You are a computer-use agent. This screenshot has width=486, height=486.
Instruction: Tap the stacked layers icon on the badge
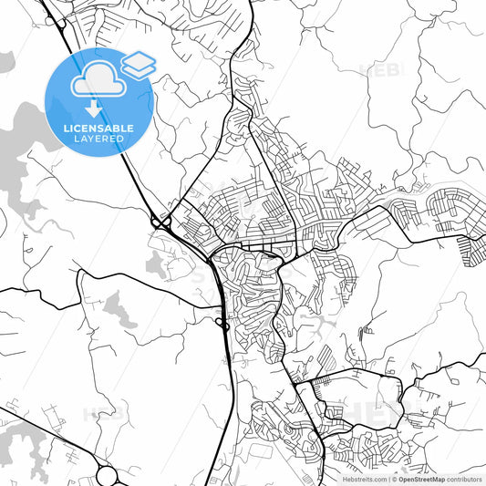(x=139, y=63)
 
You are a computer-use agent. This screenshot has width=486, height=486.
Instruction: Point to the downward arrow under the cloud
(x=95, y=108)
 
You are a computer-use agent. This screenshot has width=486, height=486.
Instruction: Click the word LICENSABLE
(x=98, y=129)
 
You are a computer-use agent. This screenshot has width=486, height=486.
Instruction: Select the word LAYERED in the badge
(x=98, y=140)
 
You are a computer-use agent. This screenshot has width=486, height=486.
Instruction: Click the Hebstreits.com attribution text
(x=364, y=479)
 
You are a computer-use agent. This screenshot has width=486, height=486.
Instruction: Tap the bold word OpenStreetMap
(x=422, y=479)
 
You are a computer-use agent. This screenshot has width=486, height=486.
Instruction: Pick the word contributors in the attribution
(x=464, y=479)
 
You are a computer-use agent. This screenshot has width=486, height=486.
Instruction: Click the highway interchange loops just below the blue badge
(x=160, y=222)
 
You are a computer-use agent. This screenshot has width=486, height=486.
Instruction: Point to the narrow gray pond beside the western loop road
(x=118, y=311)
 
